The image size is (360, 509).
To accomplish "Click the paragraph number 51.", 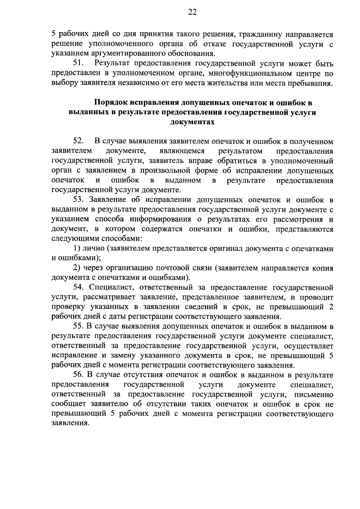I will (x=79, y=64).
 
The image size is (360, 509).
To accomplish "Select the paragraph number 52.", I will (x=79, y=141).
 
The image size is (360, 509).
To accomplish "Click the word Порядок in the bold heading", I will (x=111, y=103).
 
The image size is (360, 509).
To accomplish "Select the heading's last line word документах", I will (x=192, y=122).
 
